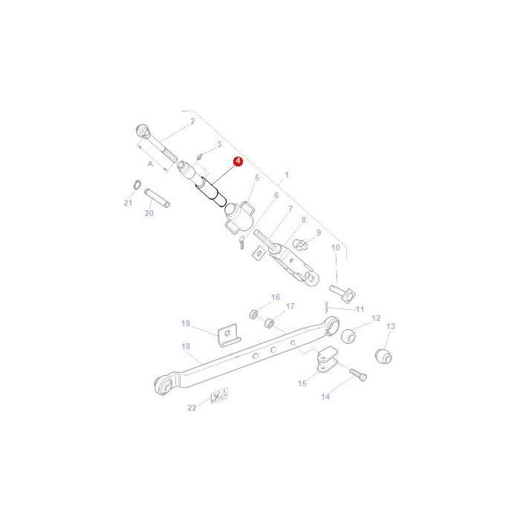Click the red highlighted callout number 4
(x=238, y=160)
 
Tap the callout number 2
(x=192, y=120)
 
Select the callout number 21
(x=127, y=203)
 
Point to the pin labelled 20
(x=157, y=198)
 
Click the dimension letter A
(x=151, y=163)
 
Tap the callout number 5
(x=256, y=178)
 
